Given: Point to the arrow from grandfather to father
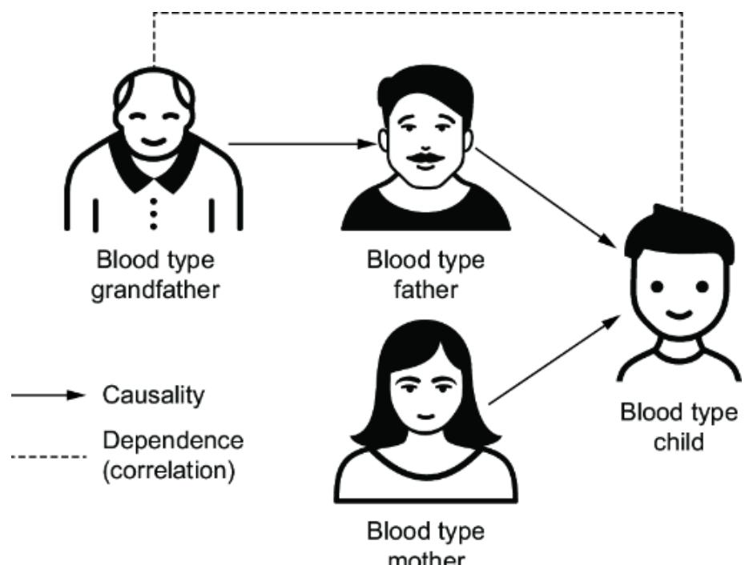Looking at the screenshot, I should [x=300, y=144].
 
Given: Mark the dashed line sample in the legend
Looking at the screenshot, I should [x=46, y=457].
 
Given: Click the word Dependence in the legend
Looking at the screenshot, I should [x=171, y=442].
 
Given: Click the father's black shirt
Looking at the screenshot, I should [x=425, y=212].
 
